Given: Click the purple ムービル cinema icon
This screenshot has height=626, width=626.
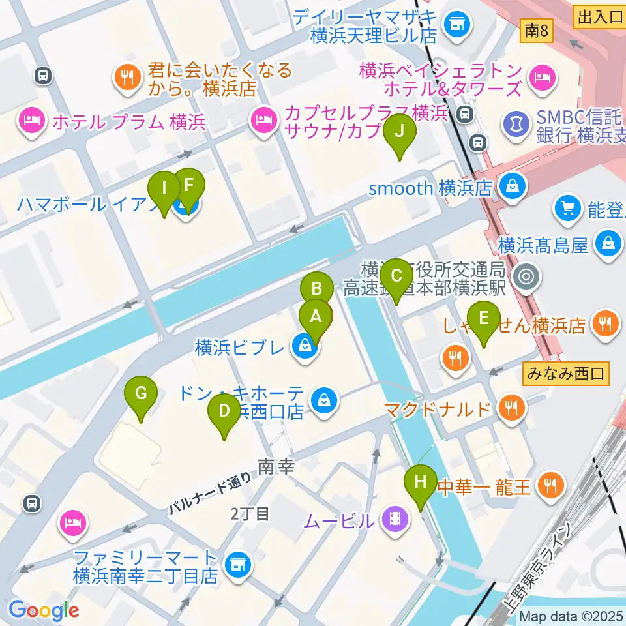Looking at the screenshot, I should tap(395, 520).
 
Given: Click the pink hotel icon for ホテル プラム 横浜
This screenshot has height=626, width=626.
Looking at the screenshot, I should tap(32, 121).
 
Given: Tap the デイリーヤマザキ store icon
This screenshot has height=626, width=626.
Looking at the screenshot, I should tap(455, 25).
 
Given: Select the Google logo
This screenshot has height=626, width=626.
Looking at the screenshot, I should tap(44, 610).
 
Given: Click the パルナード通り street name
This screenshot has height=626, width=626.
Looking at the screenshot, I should tap(210, 494).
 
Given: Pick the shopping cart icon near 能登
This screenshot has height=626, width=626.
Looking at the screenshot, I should tap(566, 209).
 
